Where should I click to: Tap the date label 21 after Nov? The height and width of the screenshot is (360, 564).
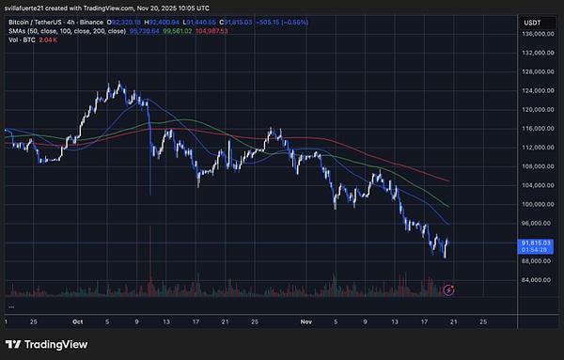coord(453,321)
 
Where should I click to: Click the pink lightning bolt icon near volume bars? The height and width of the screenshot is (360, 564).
coord(449,291)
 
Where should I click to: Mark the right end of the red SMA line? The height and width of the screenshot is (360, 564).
coord(450,180)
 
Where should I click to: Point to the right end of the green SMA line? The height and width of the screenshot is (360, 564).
coord(450,207)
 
